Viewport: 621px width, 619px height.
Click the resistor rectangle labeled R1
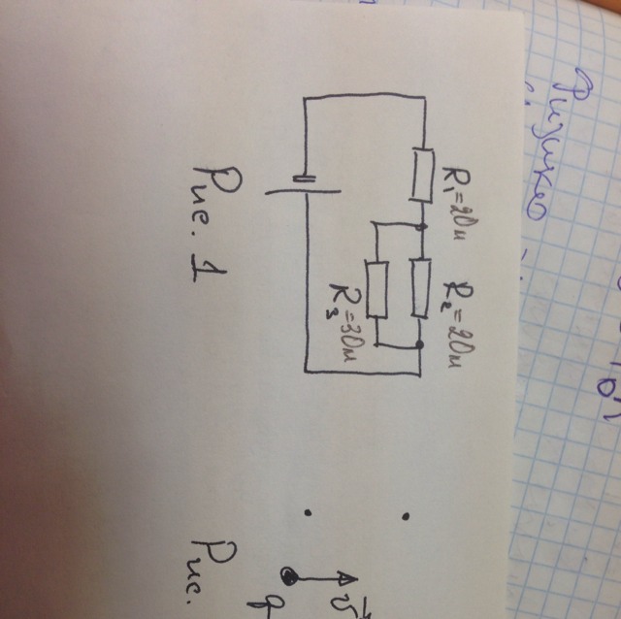click(422, 174)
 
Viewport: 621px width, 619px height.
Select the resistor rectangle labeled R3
click(378, 288)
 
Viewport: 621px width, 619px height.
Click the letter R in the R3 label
click(343, 292)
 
